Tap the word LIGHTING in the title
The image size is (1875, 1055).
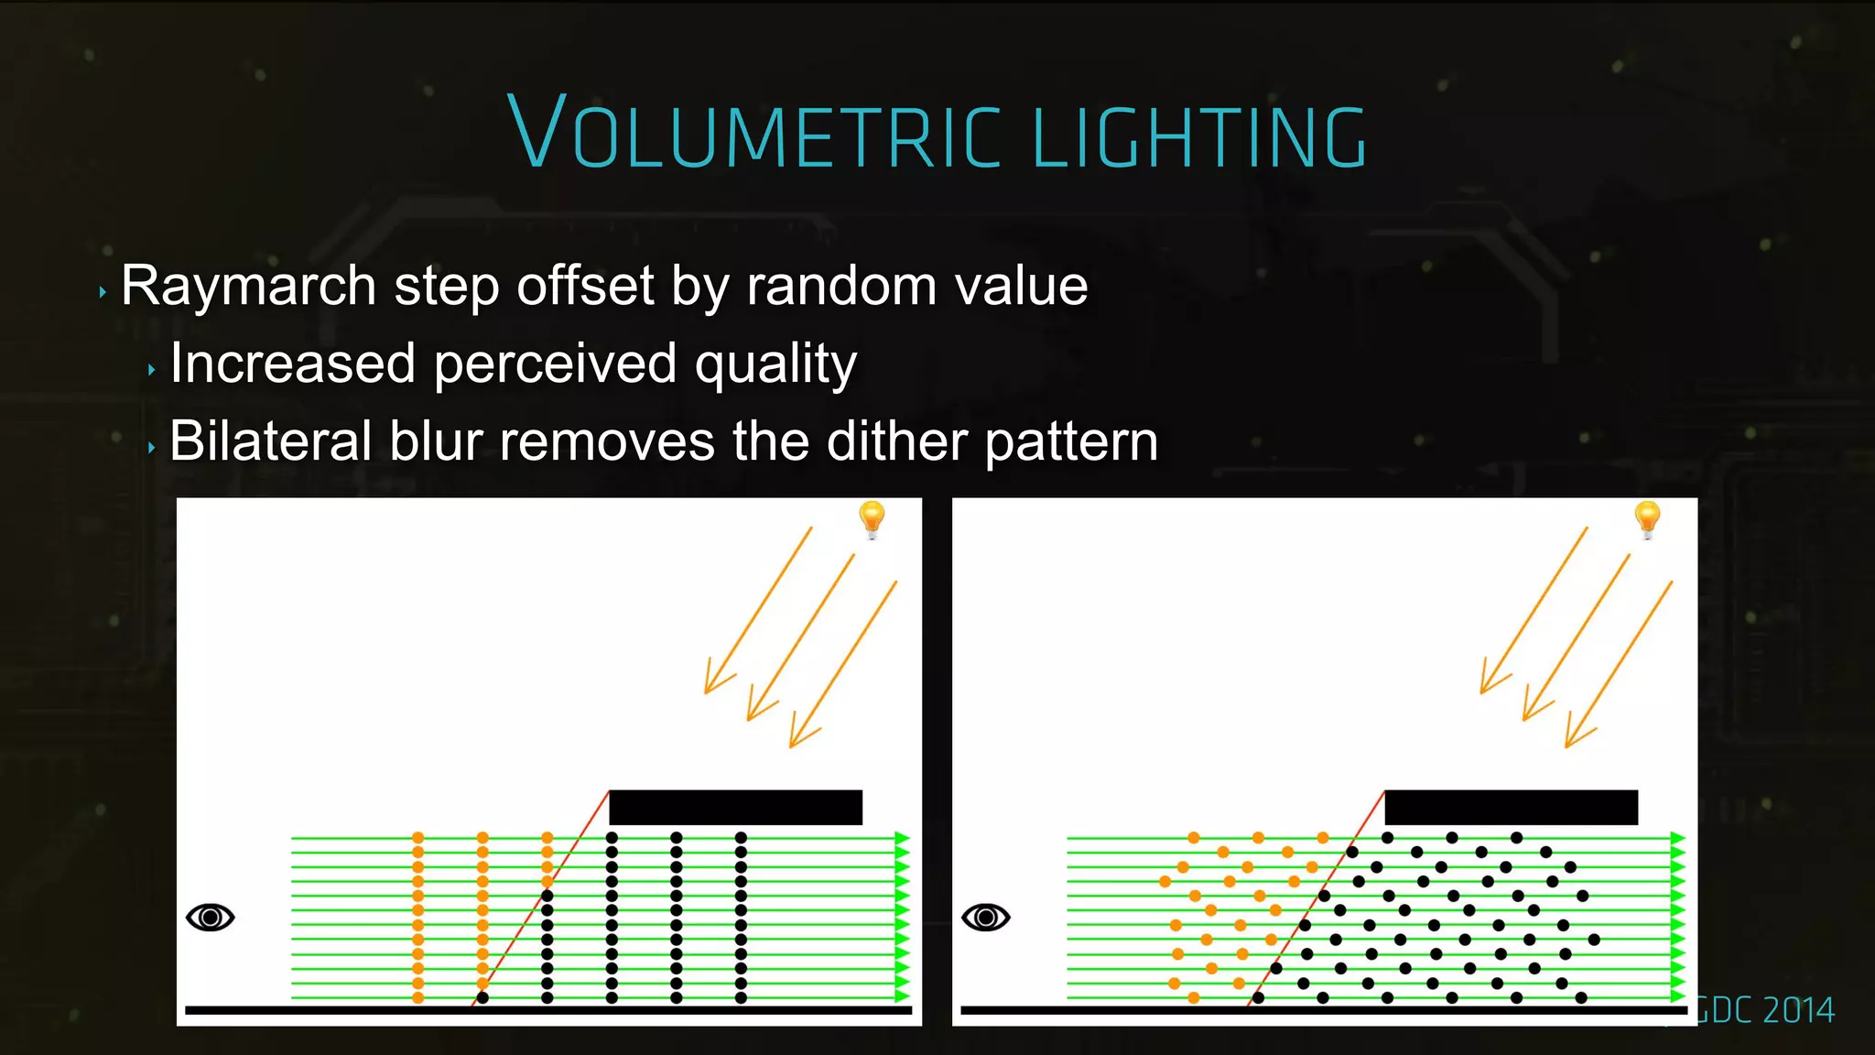[x=1199, y=137]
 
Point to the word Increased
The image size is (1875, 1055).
[x=293, y=364]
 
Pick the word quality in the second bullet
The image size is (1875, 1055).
[x=775, y=365]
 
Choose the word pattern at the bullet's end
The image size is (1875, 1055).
[x=1071, y=442]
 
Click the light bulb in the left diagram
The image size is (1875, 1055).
[x=872, y=518]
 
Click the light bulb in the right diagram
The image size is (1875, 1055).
[x=1647, y=518]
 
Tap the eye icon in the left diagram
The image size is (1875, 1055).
[x=211, y=917]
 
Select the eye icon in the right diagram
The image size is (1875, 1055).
[x=986, y=917]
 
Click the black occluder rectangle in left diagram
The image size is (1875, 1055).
[x=735, y=807]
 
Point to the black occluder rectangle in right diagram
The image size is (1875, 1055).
[x=1511, y=807]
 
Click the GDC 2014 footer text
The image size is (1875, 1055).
[x=1764, y=1010]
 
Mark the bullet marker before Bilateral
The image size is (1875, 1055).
[x=151, y=448]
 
